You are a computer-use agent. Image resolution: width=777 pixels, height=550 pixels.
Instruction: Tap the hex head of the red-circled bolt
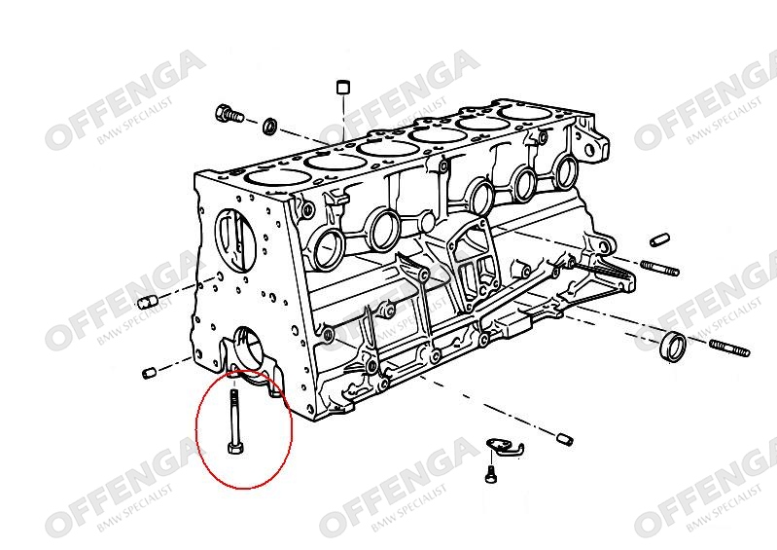point(234,449)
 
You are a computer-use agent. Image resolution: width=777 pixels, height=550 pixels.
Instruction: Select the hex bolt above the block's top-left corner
point(230,115)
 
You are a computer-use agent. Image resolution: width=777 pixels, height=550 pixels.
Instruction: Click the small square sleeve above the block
point(342,87)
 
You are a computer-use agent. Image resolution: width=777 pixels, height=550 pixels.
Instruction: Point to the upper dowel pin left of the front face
point(147,301)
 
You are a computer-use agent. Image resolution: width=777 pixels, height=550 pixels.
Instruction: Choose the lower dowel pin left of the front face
point(149,372)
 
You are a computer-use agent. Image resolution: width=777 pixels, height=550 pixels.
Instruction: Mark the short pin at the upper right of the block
point(659,239)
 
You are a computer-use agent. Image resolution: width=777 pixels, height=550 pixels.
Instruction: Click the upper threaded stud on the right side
point(660,268)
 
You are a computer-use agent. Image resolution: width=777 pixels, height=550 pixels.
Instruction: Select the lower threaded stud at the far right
point(729,348)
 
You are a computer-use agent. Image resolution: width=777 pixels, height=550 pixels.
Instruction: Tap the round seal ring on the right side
point(675,347)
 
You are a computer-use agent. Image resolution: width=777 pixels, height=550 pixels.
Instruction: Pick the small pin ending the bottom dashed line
point(564,438)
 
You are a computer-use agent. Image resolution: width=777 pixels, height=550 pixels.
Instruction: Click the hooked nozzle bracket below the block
point(505,446)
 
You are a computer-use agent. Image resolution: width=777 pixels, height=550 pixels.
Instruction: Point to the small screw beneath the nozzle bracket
point(490,473)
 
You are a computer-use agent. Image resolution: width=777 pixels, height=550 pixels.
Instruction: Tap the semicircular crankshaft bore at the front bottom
point(250,348)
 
